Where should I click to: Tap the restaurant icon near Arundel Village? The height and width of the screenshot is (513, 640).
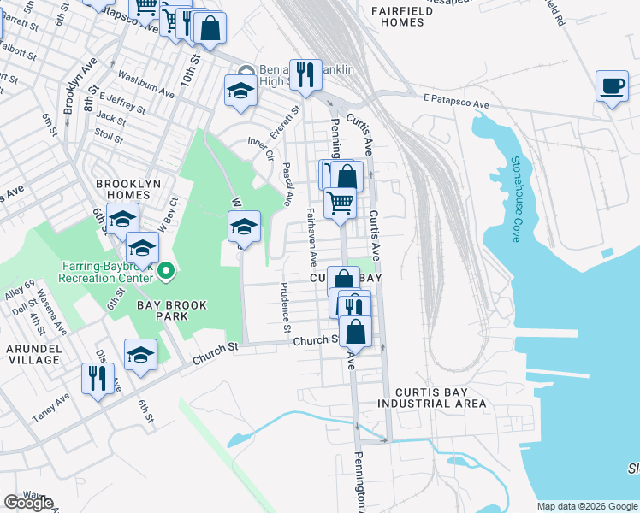(97, 377)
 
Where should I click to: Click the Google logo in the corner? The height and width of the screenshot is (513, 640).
(28, 503)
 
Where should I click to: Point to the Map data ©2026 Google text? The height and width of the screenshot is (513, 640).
(586, 506)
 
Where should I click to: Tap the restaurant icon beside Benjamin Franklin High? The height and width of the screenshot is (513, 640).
(305, 74)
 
